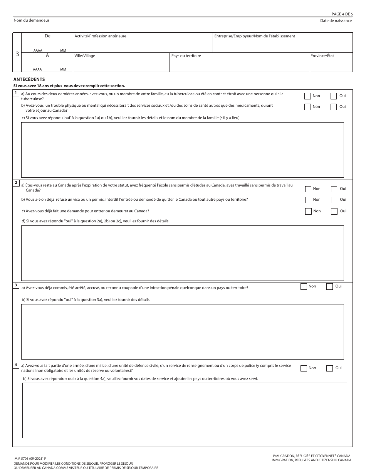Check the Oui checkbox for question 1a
334,96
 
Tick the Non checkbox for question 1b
307,107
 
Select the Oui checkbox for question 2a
334,189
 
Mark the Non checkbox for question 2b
308,200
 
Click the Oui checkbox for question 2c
334,211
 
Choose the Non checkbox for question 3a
304,286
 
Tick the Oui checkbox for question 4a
329,368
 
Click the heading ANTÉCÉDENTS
29,79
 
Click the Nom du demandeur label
31,20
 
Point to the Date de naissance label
336,20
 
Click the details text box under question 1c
182,150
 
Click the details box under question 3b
182,331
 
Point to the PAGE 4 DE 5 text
342,14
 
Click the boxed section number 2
16,182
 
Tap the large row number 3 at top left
17,54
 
